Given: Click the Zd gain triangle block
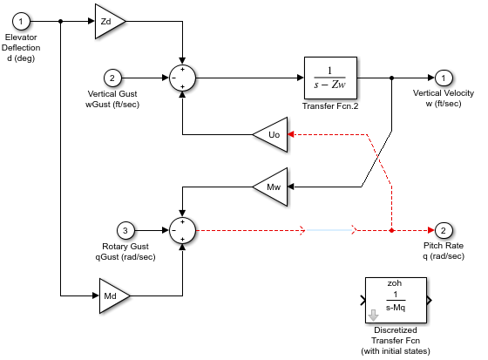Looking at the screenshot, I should pyautogui.click(x=108, y=19).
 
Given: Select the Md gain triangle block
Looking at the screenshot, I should pyautogui.click(x=113, y=295).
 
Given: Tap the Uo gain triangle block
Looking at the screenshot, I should pyautogui.click(x=271, y=134).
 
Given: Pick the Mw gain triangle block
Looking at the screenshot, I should pyautogui.click(x=271, y=186).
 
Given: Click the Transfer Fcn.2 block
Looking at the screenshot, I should pyautogui.click(x=330, y=78).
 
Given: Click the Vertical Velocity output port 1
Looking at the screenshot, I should pyautogui.click(x=444, y=78).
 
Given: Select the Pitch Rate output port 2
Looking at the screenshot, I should pyautogui.click(x=444, y=231).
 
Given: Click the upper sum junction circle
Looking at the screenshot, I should pyautogui.click(x=182, y=78).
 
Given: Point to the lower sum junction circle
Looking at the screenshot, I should pyautogui.click(x=182, y=231).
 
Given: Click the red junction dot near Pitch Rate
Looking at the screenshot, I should pyautogui.click(x=392, y=231).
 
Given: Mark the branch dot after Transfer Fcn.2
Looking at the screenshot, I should pyautogui.click(x=392, y=78).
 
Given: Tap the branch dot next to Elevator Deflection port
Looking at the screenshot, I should pyautogui.click(x=60, y=19).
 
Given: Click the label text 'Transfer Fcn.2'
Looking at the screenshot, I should pyautogui.click(x=330, y=105).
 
